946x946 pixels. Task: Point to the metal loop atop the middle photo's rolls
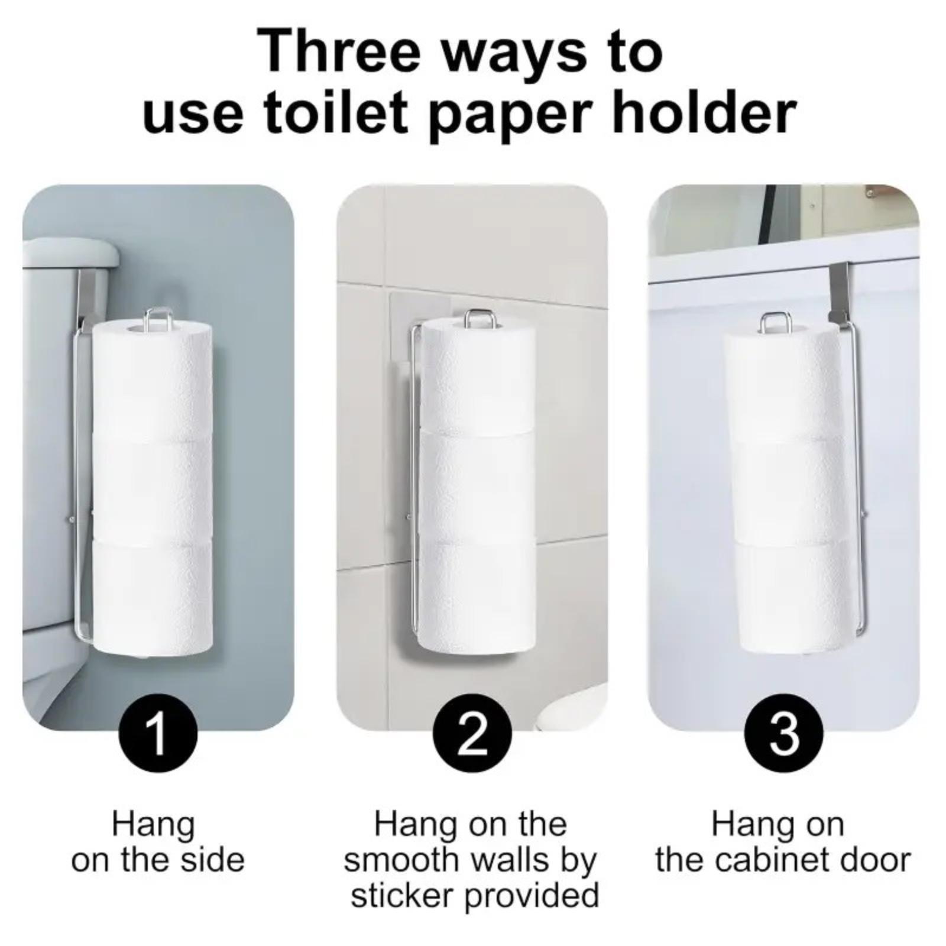pyautogui.click(x=478, y=319)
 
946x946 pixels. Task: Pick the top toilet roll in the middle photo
pyautogui.click(x=477, y=378)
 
